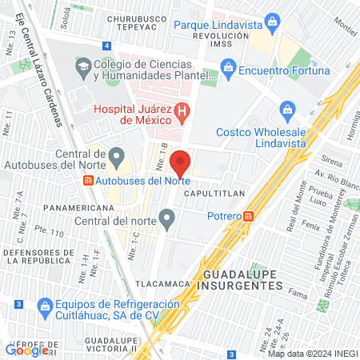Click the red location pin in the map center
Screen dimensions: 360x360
pyautogui.click(x=180, y=162)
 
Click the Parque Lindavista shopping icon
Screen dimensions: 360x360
pyautogui.click(x=272, y=19)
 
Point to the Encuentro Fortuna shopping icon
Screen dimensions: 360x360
pyautogui.click(x=229, y=70)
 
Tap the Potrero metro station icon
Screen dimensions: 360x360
pyautogui.click(x=249, y=215)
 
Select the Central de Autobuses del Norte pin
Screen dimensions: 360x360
pyautogui.click(x=117, y=154)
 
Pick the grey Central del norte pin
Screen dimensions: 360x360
pyautogui.click(x=166, y=217)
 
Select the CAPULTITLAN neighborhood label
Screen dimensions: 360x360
pyautogui.click(x=210, y=194)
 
